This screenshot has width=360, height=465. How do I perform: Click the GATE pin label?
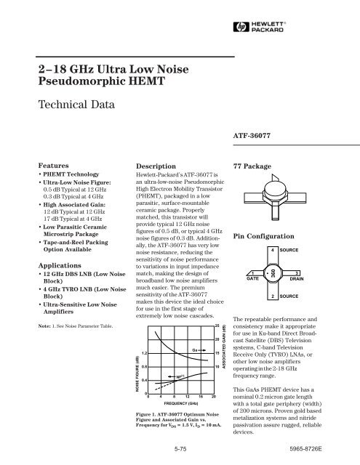tap(249, 278)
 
